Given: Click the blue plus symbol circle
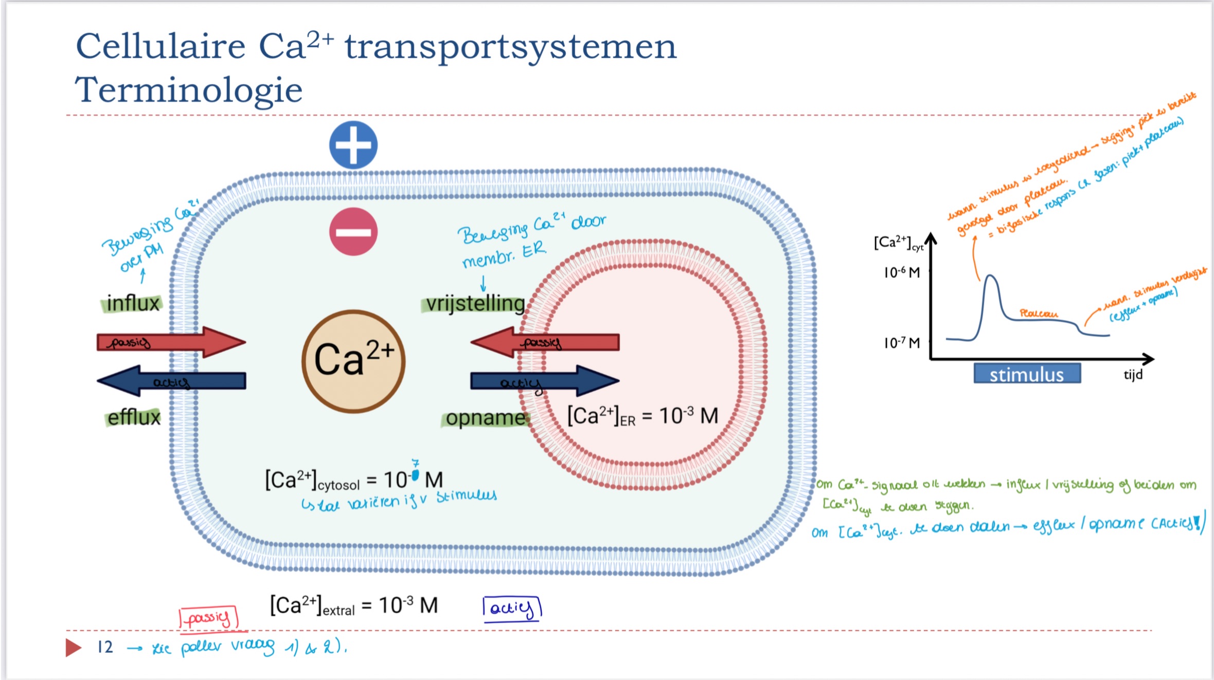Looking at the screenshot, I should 353,145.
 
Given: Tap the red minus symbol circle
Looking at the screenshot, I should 353,232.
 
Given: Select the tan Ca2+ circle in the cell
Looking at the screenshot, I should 353,361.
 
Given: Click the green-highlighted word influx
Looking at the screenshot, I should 133,303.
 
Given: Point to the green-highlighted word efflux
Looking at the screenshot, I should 134,417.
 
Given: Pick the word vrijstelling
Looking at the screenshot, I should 475,304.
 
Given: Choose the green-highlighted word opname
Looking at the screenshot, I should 485,418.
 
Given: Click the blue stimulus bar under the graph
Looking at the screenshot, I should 1027,374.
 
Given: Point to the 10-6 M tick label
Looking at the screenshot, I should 901,272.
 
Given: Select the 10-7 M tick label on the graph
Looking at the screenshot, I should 901,343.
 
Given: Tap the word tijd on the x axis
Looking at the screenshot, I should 1133,374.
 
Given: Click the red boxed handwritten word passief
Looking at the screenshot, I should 208,617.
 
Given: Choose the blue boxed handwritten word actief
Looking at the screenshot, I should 512,609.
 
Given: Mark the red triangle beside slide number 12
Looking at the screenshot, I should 73,647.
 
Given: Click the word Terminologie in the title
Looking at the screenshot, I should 189,89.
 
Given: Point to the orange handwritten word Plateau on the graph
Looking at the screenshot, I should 1039,313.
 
